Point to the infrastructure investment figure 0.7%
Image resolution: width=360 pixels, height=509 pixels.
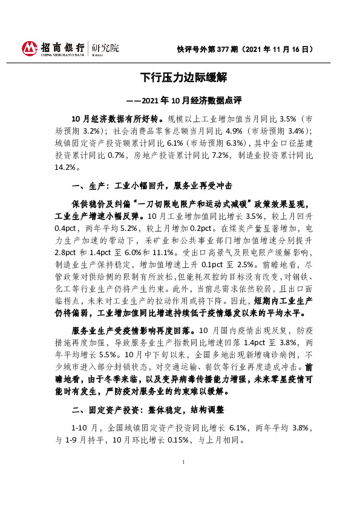point(117,155)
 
